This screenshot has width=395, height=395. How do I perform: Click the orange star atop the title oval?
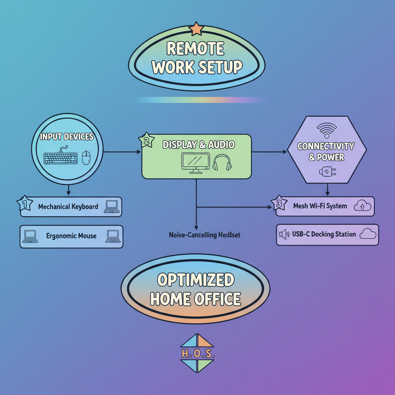(196, 29)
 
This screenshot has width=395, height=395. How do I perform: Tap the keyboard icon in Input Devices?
(61, 158)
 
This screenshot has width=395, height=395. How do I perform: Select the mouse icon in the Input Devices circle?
(86, 157)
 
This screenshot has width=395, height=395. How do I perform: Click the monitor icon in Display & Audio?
(196, 162)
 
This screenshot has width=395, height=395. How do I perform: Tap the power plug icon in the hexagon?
(325, 172)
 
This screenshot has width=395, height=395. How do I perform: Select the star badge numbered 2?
(146, 141)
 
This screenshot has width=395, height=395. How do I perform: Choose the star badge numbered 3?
(279, 203)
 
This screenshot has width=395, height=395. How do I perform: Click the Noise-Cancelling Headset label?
(204, 235)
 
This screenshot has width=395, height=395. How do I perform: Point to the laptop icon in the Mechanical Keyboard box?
(111, 206)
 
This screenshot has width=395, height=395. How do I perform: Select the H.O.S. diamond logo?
(197, 353)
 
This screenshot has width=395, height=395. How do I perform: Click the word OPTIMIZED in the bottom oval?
(196, 280)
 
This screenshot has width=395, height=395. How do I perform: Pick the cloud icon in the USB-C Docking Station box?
(368, 234)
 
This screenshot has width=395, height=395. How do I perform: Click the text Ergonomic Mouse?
(71, 236)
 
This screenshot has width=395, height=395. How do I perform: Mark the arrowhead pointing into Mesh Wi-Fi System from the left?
(270, 207)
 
